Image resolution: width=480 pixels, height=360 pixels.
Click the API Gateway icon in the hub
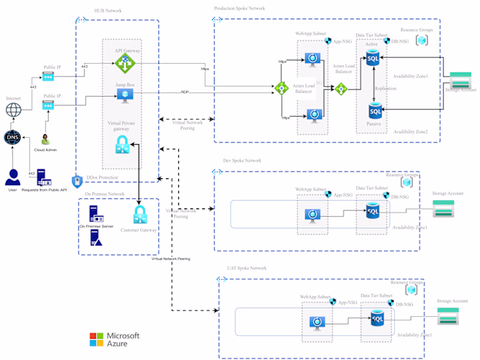pos(124,63)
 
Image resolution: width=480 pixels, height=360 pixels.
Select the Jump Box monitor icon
pos(124,96)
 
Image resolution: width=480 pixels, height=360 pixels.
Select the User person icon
pos(12,177)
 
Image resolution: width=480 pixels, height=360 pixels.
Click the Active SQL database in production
pos(372,58)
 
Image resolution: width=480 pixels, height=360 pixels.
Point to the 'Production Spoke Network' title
pos(239,8)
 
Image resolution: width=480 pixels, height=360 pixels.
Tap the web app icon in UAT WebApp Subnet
pos(316,322)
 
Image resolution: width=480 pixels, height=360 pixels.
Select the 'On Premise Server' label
pos(95,226)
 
